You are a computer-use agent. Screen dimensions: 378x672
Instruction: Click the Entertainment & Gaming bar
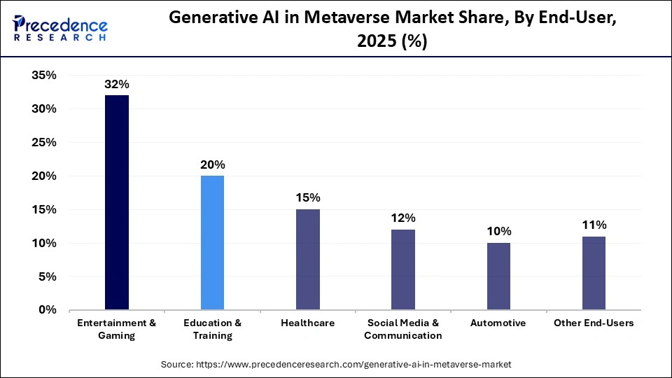pos(117,202)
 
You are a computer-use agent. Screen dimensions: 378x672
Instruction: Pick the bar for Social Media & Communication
pos(403,269)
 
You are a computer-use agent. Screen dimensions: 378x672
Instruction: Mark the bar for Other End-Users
pos(594,273)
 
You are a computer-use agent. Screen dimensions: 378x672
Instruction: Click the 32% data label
pos(117,84)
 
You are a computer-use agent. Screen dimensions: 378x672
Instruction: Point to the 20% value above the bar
pos(212,164)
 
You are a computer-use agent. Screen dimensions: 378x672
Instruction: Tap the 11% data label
pos(594,225)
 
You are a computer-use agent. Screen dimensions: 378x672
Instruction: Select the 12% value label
pos(403,218)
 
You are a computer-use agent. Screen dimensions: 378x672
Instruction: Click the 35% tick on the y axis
pos(43,76)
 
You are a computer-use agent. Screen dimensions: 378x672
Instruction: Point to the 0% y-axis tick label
pos(47,310)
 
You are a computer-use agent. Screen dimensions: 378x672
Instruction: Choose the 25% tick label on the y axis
pos(43,143)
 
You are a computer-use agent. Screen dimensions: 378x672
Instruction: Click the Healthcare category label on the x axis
pos(308,323)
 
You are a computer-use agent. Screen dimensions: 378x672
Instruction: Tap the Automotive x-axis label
pos(498,323)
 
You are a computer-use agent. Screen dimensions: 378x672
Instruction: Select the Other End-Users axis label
pos(594,323)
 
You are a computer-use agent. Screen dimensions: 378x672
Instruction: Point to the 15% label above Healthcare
pos(308,198)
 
